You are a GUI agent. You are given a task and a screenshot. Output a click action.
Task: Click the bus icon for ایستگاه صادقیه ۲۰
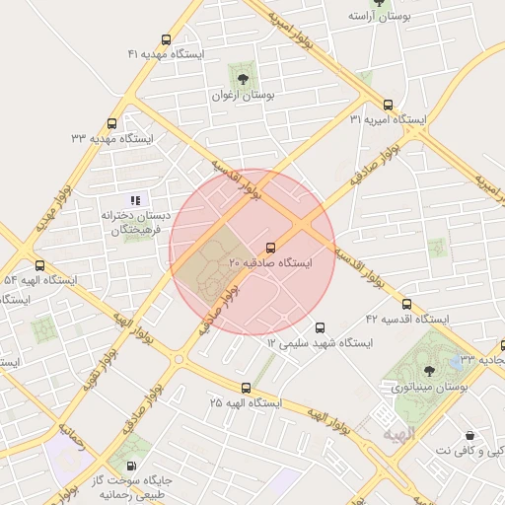pos(271,247)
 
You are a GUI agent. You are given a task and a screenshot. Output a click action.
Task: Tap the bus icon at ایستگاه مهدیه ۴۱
pos(166,40)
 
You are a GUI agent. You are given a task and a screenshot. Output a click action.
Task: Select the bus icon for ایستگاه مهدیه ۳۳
pos(111,124)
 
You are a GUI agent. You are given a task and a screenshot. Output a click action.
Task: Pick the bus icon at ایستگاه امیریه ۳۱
pos(388,104)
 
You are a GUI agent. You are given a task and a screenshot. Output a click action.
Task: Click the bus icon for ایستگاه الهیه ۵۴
pos(40,265)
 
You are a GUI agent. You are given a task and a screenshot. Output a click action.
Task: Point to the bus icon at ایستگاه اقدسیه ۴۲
pos(406,304)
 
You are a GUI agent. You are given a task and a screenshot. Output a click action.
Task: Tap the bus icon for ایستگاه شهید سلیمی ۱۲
pos(320,327)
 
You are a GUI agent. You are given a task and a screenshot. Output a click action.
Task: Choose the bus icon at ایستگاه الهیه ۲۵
pos(246,388)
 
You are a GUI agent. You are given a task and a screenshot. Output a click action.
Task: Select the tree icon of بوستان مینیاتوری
pos(429,374)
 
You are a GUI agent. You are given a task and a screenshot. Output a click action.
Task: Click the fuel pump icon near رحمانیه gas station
pos(131,465)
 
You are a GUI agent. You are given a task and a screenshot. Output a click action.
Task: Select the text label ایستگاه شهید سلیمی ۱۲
pos(320,343)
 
